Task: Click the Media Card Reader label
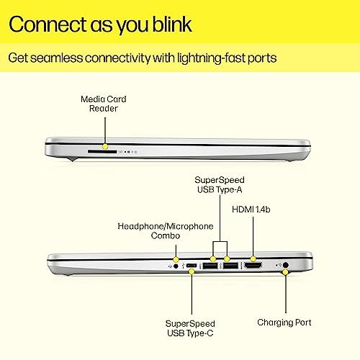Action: (x=104, y=104)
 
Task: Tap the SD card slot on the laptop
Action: (x=102, y=152)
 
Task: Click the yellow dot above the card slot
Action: (x=105, y=146)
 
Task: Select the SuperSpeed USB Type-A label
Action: (x=220, y=184)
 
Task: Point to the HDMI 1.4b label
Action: (x=251, y=210)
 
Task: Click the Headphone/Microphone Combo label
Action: (x=166, y=231)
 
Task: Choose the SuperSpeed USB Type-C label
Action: (x=190, y=328)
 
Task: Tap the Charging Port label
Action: (x=284, y=323)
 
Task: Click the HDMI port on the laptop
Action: (x=253, y=266)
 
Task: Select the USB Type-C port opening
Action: (x=192, y=266)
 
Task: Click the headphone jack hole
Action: (x=176, y=266)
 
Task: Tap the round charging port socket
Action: (x=286, y=265)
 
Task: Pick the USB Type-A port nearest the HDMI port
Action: (x=230, y=266)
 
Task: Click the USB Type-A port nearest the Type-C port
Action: (x=210, y=266)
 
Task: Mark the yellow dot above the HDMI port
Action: (x=253, y=259)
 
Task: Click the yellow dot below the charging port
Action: (x=285, y=272)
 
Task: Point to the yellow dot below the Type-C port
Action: (x=192, y=271)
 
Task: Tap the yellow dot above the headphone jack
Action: (x=176, y=259)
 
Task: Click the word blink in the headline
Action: (x=172, y=24)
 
